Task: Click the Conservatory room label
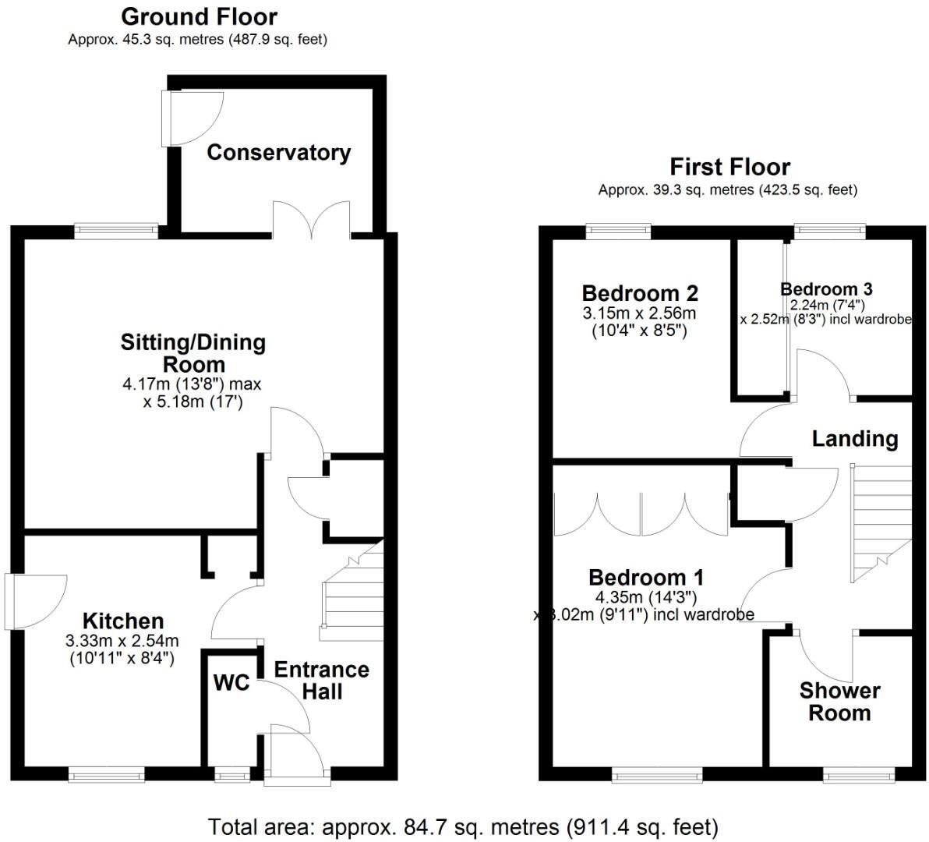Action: click(278, 152)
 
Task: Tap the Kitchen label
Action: click(123, 621)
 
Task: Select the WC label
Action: click(231, 683)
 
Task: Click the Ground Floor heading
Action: click(199, 16)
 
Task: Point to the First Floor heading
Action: click(729, 167)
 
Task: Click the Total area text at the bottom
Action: click(463, 826)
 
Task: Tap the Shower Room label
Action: click(839, 702)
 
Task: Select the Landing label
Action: click(854, 438)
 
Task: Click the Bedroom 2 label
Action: click(640, 293)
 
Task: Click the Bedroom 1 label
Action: click(646, 578)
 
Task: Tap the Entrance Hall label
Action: click(321, 680)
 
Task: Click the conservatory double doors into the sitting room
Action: click(311, 219)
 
